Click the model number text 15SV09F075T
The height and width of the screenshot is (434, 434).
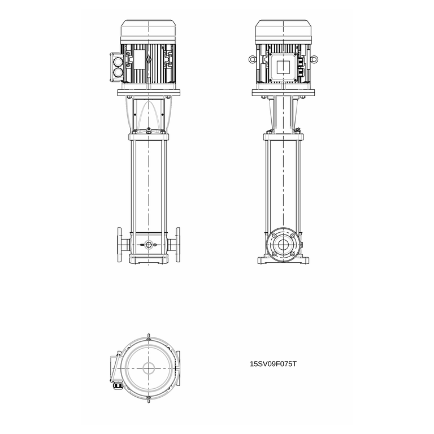tap(273, 364)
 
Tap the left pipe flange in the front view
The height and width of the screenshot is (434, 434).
tap(120, 245)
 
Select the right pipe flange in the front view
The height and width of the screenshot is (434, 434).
tap(177, 245)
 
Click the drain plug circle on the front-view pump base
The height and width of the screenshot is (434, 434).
tap(149, 245)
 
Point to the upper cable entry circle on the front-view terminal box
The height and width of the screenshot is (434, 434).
tap(118, 62)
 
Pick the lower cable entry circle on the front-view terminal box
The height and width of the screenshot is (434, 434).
tap(118, 72)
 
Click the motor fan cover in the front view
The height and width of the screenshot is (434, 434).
tap(149, 32)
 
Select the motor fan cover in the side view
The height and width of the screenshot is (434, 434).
tap(283, 32)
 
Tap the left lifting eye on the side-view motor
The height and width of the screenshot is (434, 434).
tap(252, 59)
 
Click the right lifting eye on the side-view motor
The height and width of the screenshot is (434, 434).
tap(314, 59)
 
